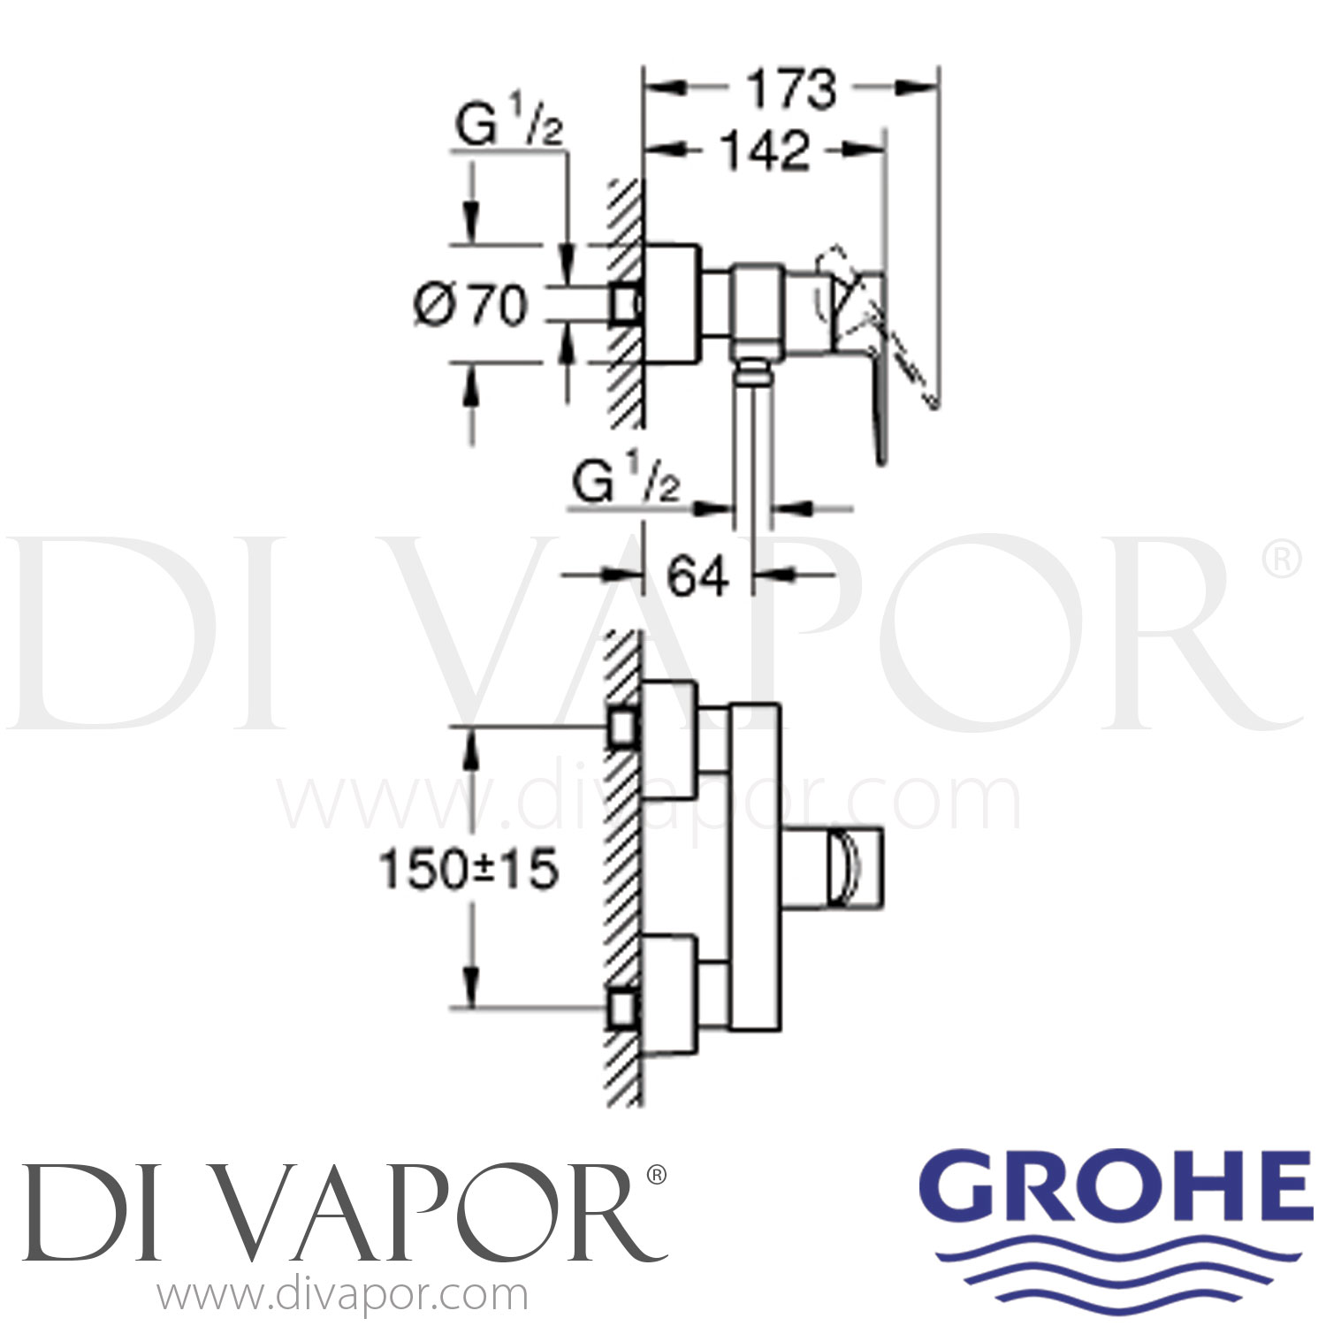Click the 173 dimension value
(791, 90)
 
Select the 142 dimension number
(766, 151)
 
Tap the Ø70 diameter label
(471, 306)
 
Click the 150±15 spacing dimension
(469, 870)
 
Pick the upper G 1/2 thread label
(508, 127)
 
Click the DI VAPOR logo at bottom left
(340, 1210)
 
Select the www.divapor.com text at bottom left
(342, 1296)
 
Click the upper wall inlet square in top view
(624, 728)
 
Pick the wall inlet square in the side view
(624, 303)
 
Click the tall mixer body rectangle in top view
(754, 866)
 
